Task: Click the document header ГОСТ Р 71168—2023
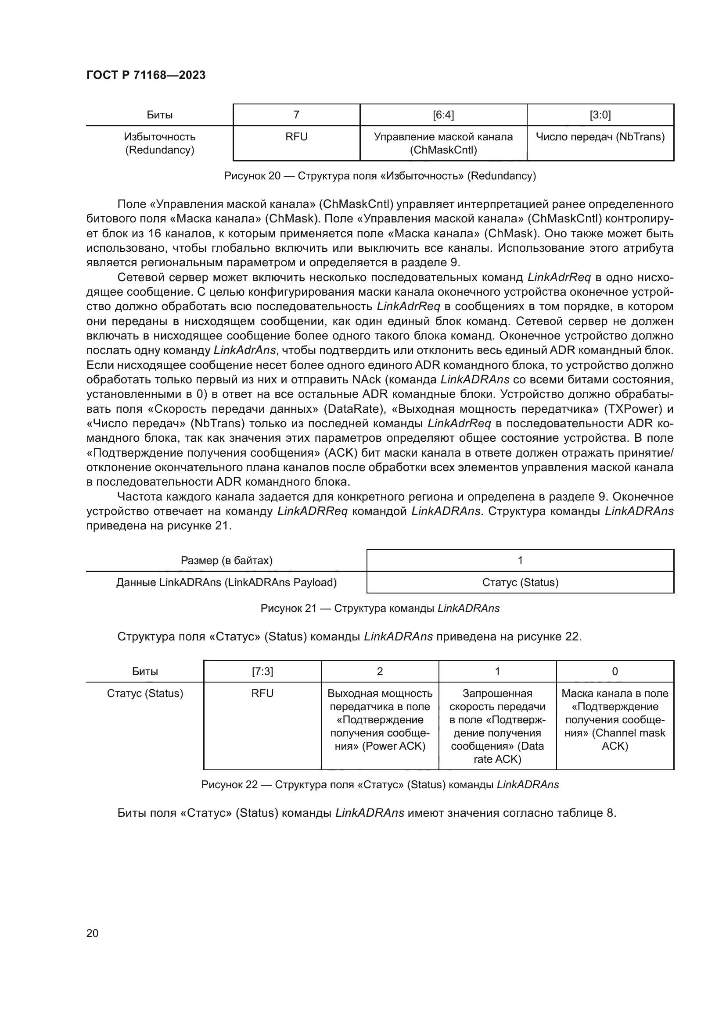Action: tap(146, 75)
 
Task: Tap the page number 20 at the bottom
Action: tap(92, 933)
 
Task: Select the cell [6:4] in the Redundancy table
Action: tap(443, 115)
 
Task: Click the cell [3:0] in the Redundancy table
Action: tap(600, 115)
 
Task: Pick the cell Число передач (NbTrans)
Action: tap(600, 137)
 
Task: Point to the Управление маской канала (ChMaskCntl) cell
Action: tap(443, 143)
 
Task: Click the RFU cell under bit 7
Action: tap(296, 137)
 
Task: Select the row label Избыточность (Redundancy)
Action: tap(160, 143)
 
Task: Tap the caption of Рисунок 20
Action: tap(380, 176)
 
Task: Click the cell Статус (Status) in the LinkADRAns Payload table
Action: tap(520, 583)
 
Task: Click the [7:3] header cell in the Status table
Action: tap(262, 672)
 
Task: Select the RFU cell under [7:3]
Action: tap(262, 694)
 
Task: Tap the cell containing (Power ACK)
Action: tap(380, 719)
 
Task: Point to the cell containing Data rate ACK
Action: tap(497, 726)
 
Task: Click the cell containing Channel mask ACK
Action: tap(615, 719)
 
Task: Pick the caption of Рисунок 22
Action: tap(380, 785)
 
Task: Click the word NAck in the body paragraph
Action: tap(366, 380)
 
